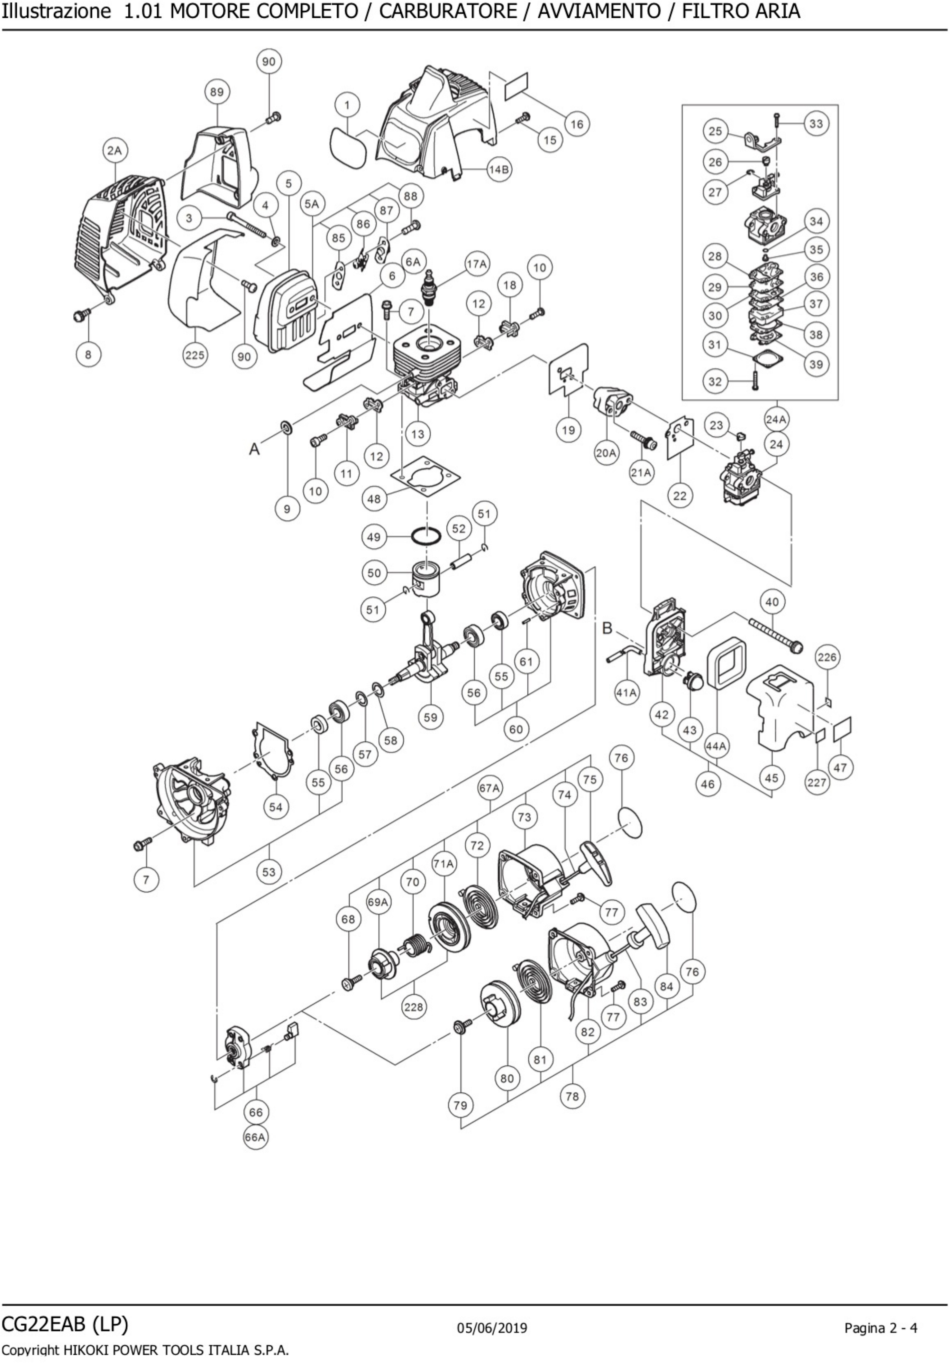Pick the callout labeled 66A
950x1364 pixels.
pos(255,1137)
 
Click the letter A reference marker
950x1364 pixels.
pos(254,449)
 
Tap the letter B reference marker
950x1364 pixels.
pos(607,628)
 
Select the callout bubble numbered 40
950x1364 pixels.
pos(772,602)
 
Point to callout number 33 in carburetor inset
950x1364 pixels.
pos(817,124)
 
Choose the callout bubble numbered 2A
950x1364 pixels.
pos(114,151)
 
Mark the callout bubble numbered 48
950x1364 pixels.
pos(374,499)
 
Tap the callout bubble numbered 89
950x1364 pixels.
pos(217,92)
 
